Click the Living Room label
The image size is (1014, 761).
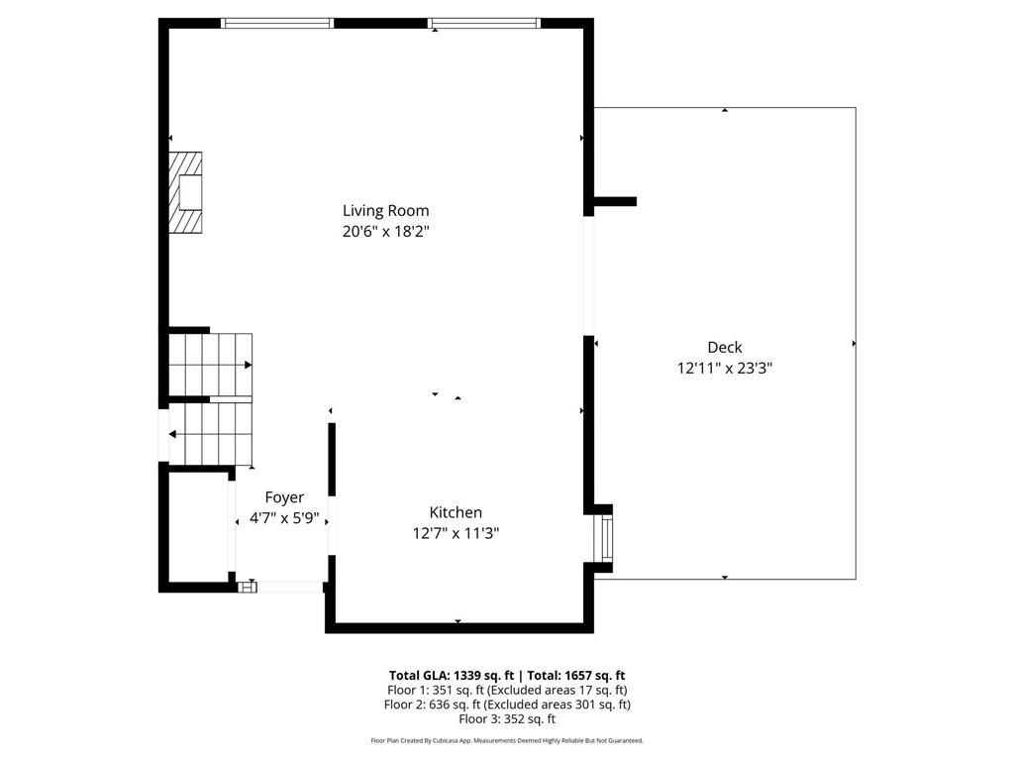pos(385,210)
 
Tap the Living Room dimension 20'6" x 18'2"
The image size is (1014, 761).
pos(385,231)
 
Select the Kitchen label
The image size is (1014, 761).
pos(456,512)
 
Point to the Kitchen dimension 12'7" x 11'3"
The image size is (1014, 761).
pos(456,533)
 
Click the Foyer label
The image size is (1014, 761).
pos(284,497)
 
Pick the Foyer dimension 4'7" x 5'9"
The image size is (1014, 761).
pos(284,517)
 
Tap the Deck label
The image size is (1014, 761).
pos(724,347)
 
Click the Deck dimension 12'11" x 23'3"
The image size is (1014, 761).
pos(724,368)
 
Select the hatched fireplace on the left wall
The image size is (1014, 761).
pos(185,192)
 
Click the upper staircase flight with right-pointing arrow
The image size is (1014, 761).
pos(211,365)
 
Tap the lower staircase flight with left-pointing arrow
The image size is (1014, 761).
pos(211,433)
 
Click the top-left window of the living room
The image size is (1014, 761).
pos(276,23)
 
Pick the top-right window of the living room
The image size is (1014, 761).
pos(484,23)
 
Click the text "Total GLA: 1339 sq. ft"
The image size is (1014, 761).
pos(450,675)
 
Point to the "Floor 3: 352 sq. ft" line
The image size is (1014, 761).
pos(506,719)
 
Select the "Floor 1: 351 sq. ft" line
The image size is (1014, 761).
pos(506,690)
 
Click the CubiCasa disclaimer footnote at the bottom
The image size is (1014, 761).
pos(506,740)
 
